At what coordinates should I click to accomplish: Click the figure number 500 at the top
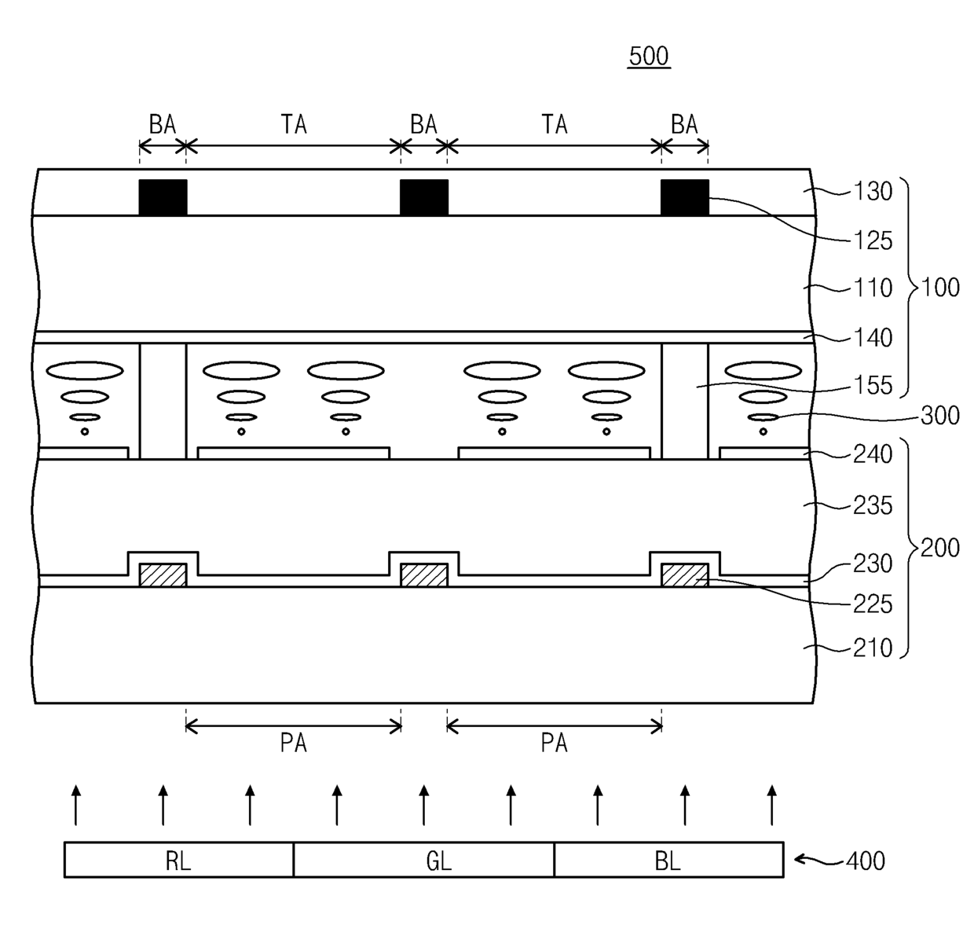pos(649,57)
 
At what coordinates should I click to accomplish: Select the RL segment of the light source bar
pos(178,861)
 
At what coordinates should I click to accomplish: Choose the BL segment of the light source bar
pos(668,861)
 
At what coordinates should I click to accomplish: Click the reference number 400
pos(865,861)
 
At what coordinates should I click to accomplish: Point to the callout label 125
pos(873,240)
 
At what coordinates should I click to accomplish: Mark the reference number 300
pos(939,415)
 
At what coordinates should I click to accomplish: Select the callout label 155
pos(873,385)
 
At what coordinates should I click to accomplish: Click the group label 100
pos(940,287)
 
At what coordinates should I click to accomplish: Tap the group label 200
pos(940,547)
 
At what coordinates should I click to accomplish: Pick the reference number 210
pos(873,648)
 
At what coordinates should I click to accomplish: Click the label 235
pos(873,505)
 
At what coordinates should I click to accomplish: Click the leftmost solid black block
pos(163,197)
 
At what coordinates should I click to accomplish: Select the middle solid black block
pos(424,197)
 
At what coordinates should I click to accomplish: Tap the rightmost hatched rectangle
pos(685,575)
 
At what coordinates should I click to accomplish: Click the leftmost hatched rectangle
pos(163,575)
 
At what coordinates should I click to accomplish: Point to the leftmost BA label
pos(163,124)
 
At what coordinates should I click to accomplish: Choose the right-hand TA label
pos(555,124)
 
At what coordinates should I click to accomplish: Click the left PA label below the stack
pos(294,743)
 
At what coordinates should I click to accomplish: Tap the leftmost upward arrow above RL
pos(75,804)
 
